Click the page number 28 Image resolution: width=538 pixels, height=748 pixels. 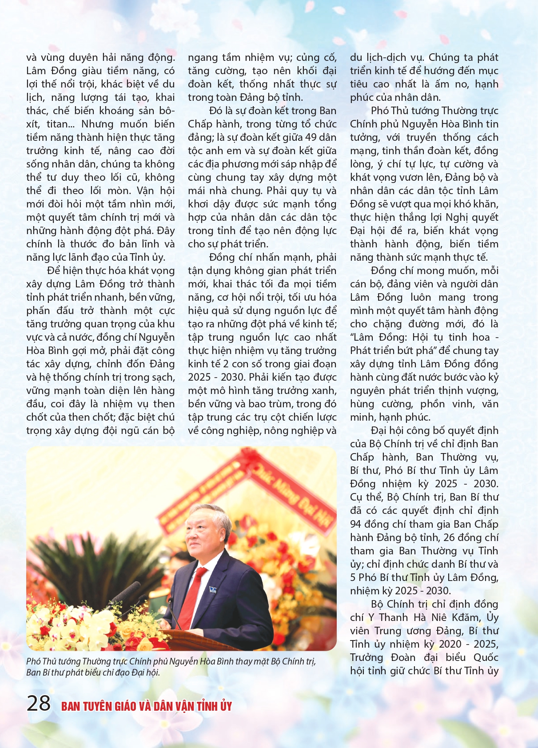pos(39,703)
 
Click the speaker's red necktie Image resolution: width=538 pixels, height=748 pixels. pos(194,591)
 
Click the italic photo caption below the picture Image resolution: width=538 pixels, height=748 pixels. pos(171,667)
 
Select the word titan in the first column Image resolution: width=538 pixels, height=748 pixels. pos(58,124)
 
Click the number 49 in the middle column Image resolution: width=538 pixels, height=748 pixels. pos(311,137)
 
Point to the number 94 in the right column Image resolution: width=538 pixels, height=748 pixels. pos(356,524)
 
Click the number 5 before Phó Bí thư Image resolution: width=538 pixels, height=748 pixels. pos(353,577)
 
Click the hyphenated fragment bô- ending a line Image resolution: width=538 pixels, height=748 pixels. pos(166,111)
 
